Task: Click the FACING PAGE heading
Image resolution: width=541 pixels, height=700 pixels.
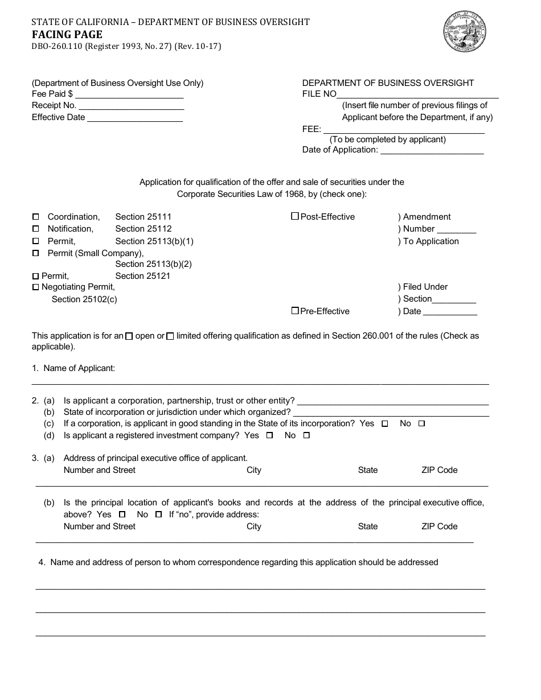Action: [x=67, y=35]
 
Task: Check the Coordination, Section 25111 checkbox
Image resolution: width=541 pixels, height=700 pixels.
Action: [x=36, y=217]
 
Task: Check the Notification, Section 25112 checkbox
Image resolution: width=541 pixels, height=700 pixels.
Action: [x=36, y=229]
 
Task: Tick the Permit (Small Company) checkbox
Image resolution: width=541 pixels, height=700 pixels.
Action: [x=36, y=253]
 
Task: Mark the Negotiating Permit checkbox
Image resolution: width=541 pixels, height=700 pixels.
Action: [x=36, y=287]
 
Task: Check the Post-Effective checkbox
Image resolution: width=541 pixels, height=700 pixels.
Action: [x=295, y=216]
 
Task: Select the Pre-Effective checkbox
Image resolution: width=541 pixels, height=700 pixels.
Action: [x=295, y=311]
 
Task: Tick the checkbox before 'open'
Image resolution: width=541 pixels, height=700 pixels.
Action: [x=129, y=336]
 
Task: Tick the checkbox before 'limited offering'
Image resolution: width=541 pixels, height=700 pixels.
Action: [x=170, y=336]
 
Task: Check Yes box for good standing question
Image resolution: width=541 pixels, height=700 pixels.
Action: [x=385, y=424]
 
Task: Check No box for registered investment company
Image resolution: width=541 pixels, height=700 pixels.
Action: [x=306, y=436]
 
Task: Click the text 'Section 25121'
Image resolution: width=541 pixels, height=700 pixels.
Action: [x=142, y=276]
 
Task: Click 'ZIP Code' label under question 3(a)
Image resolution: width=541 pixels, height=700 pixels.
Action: [x=439, y=470]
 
